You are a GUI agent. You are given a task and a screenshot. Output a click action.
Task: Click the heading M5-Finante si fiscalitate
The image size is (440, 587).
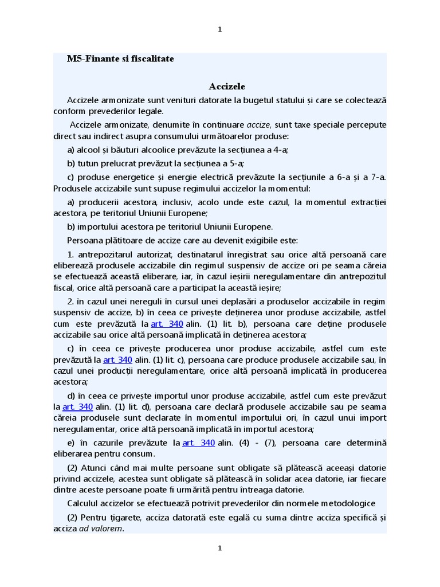point(120,58)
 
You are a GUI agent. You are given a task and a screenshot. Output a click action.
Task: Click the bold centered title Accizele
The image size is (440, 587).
point(227,86)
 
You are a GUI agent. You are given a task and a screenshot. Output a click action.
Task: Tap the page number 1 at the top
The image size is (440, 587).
point(220,30)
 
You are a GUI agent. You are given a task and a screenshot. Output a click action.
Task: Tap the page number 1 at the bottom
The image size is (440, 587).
point(220,549)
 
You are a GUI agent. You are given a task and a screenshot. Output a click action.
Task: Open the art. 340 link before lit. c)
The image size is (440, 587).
point(117,360)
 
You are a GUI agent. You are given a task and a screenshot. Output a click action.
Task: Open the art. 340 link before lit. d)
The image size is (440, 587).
point(77,407)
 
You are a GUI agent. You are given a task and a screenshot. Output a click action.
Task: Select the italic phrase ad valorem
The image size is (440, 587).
point(101,529)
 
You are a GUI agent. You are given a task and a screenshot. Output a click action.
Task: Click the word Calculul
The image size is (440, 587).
point(85,503)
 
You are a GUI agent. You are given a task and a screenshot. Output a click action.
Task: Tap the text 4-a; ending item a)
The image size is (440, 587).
point(279,150)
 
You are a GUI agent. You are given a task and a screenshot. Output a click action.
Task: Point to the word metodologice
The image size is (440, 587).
point(345,503)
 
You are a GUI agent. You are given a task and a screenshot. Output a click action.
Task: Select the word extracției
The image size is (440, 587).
point(368,202)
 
